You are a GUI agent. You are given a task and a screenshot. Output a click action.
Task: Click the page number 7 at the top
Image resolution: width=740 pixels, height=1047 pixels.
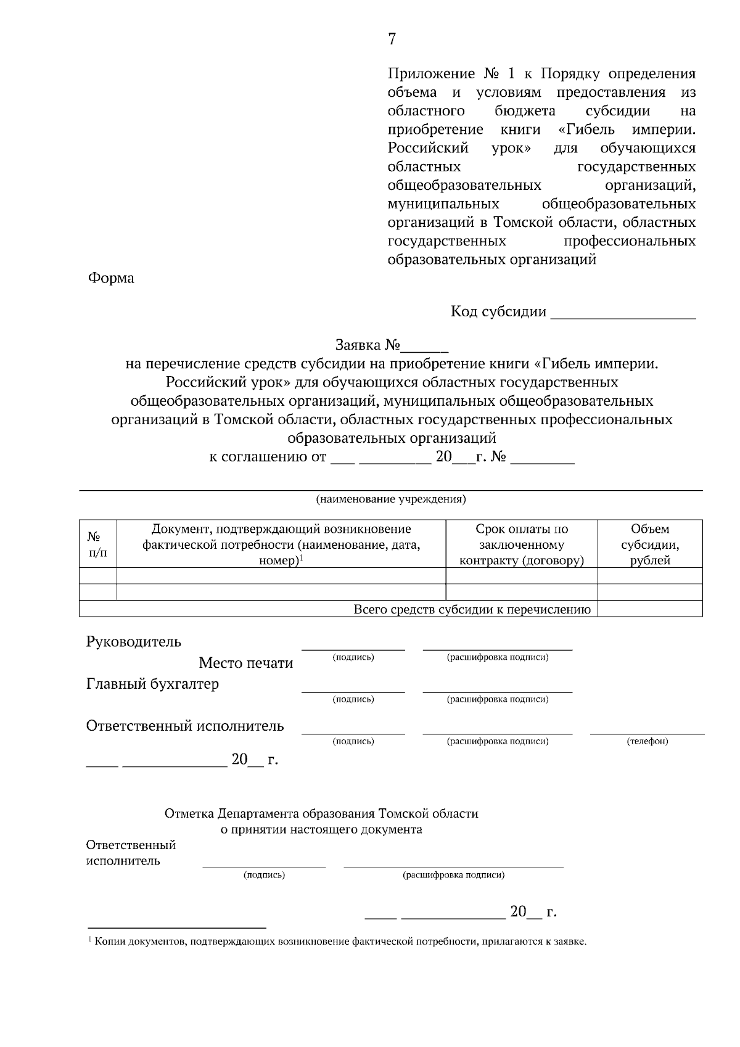[x=392, y=39]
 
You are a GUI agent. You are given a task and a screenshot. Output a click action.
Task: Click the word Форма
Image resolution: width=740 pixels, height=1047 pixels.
[x=111, y=278]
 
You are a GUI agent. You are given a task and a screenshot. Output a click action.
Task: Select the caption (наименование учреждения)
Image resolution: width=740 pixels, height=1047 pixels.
[x=391, y=499]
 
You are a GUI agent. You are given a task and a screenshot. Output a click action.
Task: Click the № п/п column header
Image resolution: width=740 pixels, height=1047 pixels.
[x=97, y=544]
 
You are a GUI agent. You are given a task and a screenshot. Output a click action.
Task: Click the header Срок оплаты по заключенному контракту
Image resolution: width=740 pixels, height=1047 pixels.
[x=521, y=544]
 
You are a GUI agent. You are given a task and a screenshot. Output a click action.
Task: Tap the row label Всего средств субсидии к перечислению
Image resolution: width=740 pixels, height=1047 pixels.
[x=472, y=610]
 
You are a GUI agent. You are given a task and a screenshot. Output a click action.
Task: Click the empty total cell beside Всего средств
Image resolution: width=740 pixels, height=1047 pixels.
[x=649, y=609]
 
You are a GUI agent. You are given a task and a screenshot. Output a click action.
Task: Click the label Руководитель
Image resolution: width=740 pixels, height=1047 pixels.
[x=133, y=642]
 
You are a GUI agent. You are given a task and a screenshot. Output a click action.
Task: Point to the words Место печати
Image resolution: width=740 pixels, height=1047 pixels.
[x=245, y=663]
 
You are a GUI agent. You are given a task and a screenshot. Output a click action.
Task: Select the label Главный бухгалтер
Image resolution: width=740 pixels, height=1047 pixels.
[x=152, y=684]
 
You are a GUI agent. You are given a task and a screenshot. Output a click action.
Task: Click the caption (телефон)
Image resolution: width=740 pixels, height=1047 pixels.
[x=647, y=741]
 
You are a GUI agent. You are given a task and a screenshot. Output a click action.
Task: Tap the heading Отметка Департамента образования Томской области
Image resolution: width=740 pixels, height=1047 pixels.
[x=321, y=813]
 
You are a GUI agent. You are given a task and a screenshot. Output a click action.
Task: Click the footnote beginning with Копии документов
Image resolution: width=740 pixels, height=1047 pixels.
[x=339, y=942]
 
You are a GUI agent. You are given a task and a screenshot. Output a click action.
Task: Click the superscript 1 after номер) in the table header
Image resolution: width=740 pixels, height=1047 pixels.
[x=301, y=558]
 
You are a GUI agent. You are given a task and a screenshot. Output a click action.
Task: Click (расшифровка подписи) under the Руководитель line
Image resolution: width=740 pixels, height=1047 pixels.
[x=497, y=657]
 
